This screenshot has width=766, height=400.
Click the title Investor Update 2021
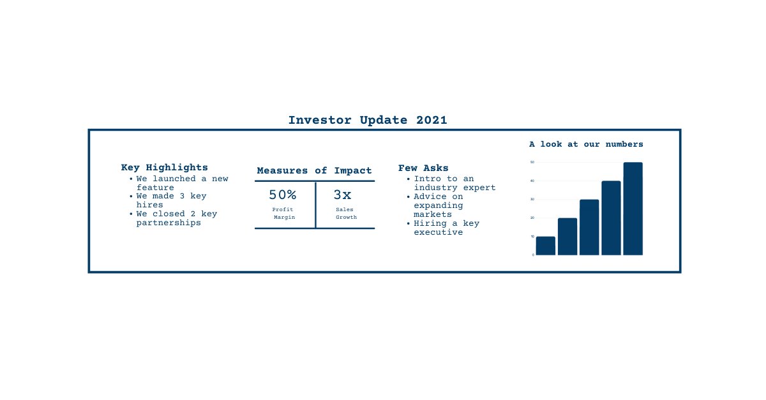click(x=368, y=120)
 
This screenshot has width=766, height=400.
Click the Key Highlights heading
click(x=164, y=168)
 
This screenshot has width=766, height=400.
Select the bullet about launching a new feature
click(x=181, y=183)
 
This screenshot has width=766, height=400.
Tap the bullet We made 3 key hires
click(x=171, y=200)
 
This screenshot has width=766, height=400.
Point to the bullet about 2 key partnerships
click(x=176, y=218)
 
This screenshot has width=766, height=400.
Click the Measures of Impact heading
click(x=314, y=171)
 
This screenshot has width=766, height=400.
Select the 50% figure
click(x=282, y=195)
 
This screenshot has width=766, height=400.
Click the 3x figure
click(x=342, y=195)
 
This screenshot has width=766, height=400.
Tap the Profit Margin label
click(x=283, y=214)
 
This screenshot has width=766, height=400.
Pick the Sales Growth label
click(x=345, y=214)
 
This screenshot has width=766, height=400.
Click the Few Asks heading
click(x=423, y=168)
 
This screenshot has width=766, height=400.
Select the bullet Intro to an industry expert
click(x=454, y=183)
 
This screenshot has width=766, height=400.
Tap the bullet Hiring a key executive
click(x=446, y=228)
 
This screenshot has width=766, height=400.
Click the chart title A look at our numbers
click(x=586, y=144)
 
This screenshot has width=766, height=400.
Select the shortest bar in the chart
click(x=545, y=246)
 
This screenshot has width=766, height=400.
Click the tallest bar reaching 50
click(x=633, y=209)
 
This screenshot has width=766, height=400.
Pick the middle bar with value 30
click(x=589, y=228)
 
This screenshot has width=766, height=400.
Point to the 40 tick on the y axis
click(x=532, y=181)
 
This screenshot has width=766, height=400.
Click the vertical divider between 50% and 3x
click(x=315, y=205)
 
